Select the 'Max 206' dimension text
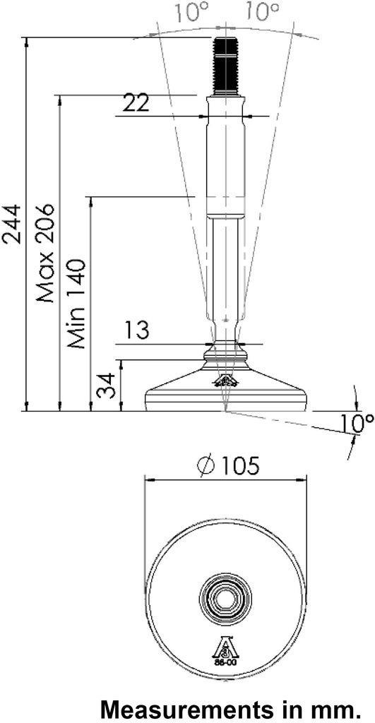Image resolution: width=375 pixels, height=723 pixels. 46,253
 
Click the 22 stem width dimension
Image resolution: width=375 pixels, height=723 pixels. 136,103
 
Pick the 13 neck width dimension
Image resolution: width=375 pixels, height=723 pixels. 138,330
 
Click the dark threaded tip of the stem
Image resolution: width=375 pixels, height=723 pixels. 225,66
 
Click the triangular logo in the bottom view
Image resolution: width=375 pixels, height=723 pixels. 226,649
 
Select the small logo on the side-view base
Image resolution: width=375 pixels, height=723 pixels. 225,382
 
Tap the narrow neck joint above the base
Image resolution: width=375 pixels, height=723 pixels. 225,345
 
